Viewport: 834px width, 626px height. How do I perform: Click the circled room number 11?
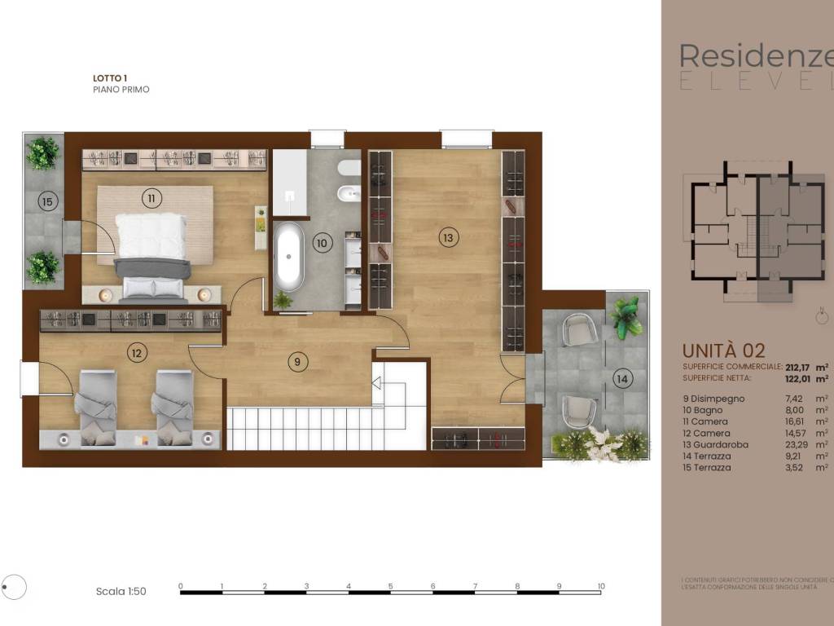[151, 197]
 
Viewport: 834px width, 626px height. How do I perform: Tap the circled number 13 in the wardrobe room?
[447, 237]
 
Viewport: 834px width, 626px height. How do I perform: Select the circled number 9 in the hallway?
[298, 361]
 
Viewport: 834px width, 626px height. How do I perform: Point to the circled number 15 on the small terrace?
[47, 201]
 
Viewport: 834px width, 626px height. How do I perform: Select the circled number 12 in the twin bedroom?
[136, 353]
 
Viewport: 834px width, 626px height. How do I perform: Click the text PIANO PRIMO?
[121, 90]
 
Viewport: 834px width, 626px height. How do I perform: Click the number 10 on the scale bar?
[600, 586]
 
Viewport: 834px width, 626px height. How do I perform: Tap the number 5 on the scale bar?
[390, 586]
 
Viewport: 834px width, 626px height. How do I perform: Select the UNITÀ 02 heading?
[723, 351]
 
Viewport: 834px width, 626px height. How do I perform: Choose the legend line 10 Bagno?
[704, 410]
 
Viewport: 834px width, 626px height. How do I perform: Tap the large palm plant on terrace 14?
[626, 318]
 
